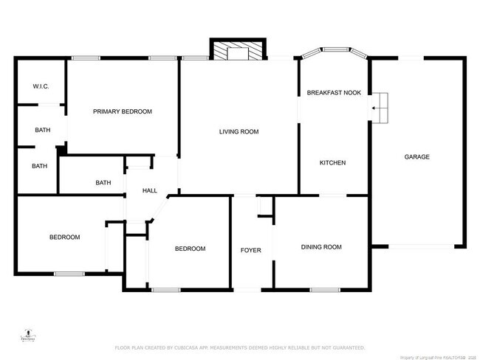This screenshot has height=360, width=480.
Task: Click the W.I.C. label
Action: pyautogui.click(x=41, y=87)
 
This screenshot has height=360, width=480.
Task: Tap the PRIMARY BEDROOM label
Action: pyautogui.click(x=122, y=111)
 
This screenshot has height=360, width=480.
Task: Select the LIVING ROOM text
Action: pyautogui.click(x=239, y=132)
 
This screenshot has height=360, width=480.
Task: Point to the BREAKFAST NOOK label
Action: pyautogui.click(x=333, y=93)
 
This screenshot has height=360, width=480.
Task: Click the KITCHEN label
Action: pyautogui.click(x=332, y=162)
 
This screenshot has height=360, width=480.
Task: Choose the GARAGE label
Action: pyautogui.click(x=416, y=156)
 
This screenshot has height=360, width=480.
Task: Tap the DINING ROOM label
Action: pyautogui.click(x=321, y=247)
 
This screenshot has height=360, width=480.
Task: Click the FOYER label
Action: pyautogui.click(x=251, y=251)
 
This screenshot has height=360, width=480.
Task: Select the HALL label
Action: pyautogui.click(x=150, y=191)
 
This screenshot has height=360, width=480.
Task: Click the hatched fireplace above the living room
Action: pyautogui.click(x=238, y=51)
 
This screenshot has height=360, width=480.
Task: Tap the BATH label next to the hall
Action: pyautogui.click(x=103, y=183)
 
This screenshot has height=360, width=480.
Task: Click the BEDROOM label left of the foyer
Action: pyautogui.click(x=190, y=249)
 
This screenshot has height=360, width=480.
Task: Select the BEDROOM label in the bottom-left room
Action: pyautogui.click(x=64, y=238)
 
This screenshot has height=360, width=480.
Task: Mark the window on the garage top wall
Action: pyautogui.click(x=411, y=58)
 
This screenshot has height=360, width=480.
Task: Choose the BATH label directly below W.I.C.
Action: pyautogui.click(x=43, y=131)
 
